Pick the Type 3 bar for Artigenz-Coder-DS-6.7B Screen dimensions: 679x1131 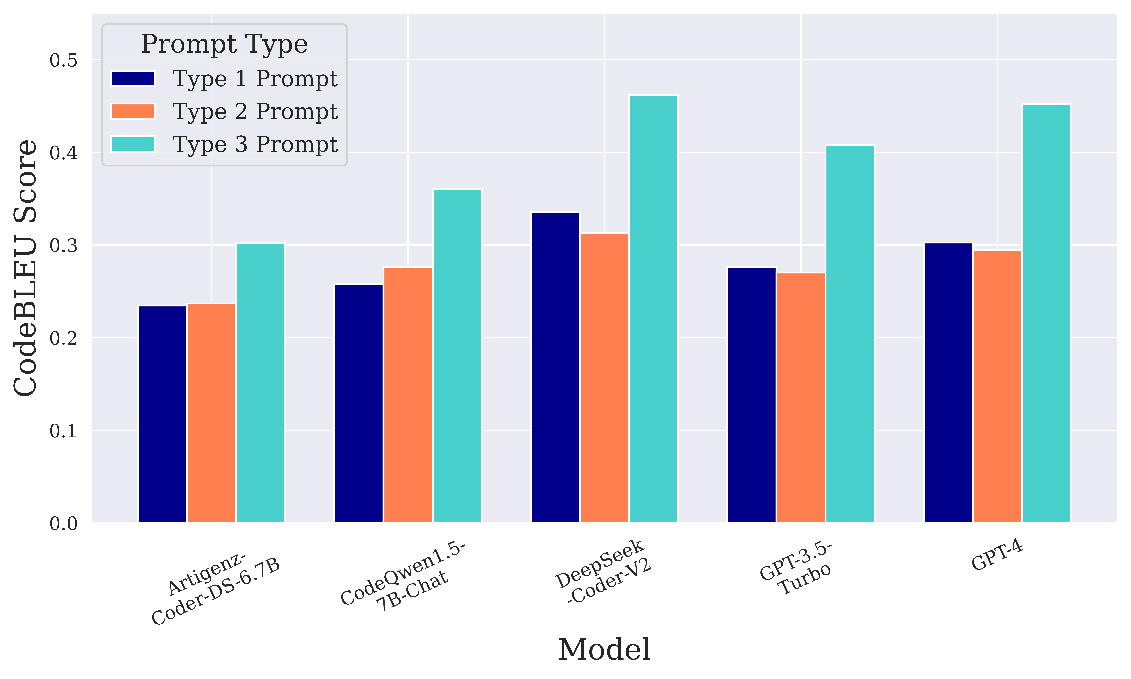tap(260, 382)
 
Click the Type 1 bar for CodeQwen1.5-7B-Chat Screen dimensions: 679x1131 tap(359, 403)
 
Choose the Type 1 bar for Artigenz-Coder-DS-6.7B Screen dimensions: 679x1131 tap(162, 414)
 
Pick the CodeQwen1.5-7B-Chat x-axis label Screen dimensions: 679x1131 tap(403, 577)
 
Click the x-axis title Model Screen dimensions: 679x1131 tap(604, 650)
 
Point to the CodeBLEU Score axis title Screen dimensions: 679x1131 tap(25, 268)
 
